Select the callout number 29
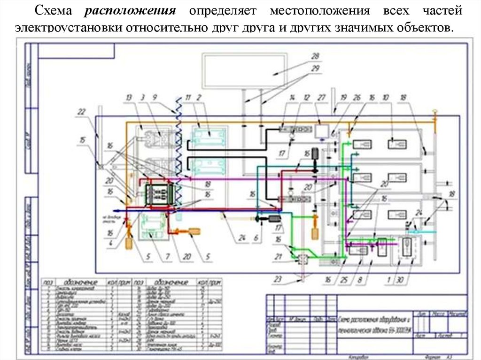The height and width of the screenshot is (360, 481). tap(315, 69)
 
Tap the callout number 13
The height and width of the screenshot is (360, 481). tap(128, 97)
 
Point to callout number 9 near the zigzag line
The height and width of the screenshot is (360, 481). tap(155, 97)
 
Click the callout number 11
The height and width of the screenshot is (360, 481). tap(188, 97)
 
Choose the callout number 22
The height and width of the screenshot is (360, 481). tap(82, 111)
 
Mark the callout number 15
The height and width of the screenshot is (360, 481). tap(83, 139)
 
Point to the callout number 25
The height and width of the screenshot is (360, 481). tap(344, 280)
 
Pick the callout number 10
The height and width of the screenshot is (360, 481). tap(386, 97)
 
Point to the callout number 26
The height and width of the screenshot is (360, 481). tap(357, 97)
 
